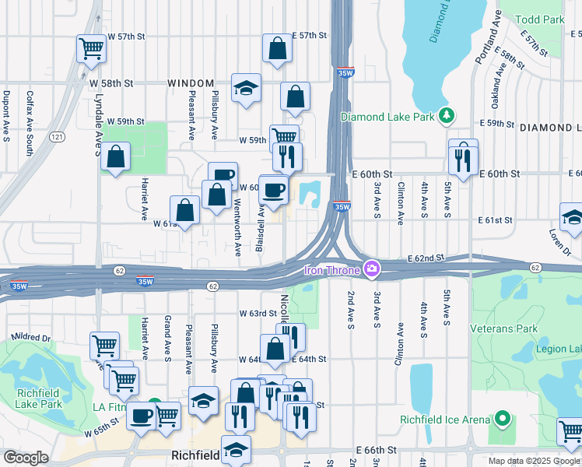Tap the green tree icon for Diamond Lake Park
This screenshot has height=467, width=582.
pos(447,116)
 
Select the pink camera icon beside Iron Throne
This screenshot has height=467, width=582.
pos(372,269)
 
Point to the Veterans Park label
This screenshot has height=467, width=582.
pos(503,328)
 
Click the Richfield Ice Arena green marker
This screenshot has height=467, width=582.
pos(503,420)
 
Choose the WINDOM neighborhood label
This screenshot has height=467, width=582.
pos(191,83)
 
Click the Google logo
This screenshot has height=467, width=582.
pos(26,457)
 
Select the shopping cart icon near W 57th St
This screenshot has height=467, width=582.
pos(91,49)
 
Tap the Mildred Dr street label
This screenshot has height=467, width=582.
pos(30,339)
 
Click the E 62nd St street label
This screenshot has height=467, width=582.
pos(426,257)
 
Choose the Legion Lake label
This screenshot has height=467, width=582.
pos(559,349)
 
